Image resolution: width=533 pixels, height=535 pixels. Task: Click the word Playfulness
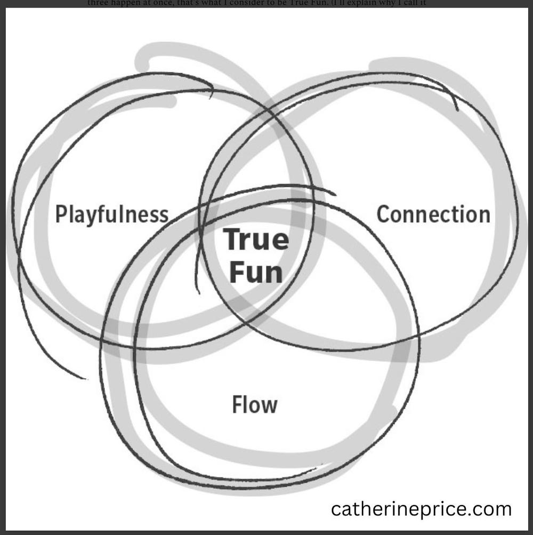point(112,214)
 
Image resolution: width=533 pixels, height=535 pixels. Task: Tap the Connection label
point(433,214)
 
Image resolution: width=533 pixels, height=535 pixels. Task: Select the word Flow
point(255,405)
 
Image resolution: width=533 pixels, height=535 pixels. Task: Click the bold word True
point(256,239)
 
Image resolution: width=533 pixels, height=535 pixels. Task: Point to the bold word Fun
point(255,272)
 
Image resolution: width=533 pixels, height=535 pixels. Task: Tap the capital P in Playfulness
point(62,214)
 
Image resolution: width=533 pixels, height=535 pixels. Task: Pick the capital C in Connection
point(384,214)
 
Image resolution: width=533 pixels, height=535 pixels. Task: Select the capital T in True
point(231,239)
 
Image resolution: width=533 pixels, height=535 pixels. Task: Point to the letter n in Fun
point(273,274)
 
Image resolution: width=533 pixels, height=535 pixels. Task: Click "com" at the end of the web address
point(494,509)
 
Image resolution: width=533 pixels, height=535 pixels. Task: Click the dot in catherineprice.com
point(471,514)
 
